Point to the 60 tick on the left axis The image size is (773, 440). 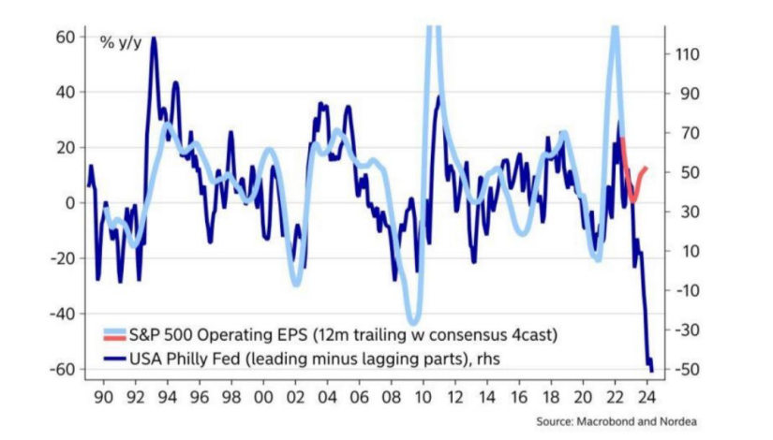[64, 37]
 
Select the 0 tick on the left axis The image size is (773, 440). [68, 202]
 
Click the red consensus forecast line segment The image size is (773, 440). [632, 183]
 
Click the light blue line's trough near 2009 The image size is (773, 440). [411, 321]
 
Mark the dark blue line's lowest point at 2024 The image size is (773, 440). [651, 371]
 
